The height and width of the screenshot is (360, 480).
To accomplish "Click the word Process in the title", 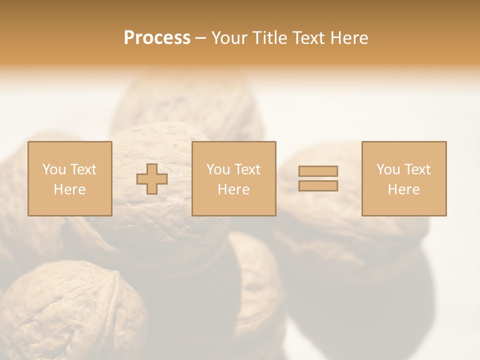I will pos(157,38).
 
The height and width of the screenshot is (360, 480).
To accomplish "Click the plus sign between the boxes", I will pos(152,179).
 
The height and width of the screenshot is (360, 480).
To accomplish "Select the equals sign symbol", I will pos(318,178).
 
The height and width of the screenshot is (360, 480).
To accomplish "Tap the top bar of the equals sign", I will pos(318,171).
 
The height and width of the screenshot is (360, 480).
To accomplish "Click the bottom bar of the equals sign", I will pos(318,186).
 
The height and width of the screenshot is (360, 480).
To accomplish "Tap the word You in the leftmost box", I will pos(53,169).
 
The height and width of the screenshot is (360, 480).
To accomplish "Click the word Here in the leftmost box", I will pos(69,189).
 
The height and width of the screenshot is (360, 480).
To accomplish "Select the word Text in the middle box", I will pos(247,169).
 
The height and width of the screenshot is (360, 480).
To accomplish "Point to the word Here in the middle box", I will pos(233,189).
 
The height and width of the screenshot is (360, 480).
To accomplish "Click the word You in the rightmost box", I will pos(387,169).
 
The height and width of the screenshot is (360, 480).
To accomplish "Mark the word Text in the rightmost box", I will pos(417,169).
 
